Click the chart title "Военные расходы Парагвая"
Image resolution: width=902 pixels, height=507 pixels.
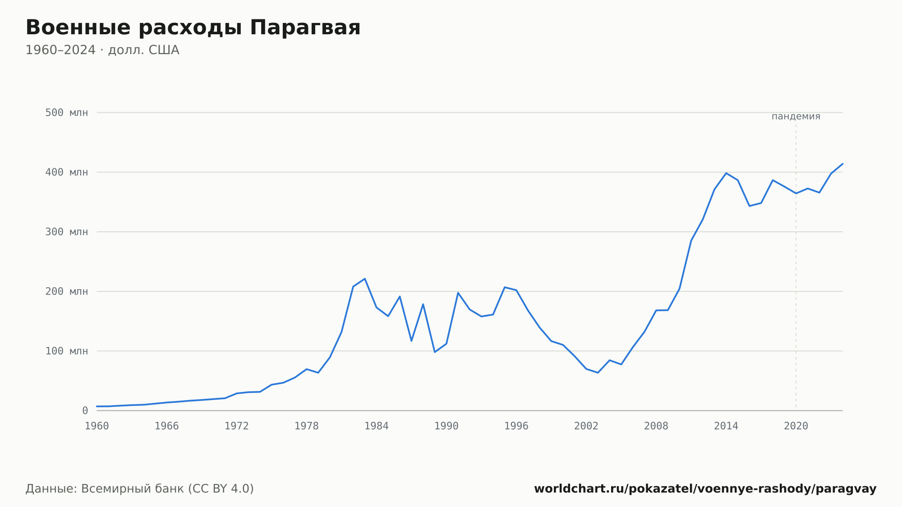pos(193,28)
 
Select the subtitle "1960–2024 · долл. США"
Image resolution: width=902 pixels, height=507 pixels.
pos(102,50)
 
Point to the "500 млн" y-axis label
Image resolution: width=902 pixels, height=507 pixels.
pos(66,113)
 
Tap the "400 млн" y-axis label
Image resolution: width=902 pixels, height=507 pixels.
pos(66,172)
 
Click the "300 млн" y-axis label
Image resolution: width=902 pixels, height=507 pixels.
pos(66,232)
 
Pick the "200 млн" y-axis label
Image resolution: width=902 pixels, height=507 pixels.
pos(66,291)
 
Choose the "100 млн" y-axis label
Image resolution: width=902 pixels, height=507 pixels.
pos(66,351)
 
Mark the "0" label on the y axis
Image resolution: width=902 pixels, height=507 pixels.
pos(85,410)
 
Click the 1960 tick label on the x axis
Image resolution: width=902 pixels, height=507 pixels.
pos(97,426)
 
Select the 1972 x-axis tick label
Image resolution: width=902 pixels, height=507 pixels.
pos(237,426)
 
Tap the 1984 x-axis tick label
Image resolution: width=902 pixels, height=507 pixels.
pos(377,426)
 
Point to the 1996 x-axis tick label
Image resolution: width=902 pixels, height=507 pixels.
pos(516,426)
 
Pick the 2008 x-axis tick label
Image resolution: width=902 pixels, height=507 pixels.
pos(656,426)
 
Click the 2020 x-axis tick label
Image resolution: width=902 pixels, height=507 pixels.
pos(796,426)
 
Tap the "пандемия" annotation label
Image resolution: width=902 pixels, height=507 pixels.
pos(796,116)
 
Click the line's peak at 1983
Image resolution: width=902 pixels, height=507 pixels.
pos(365,279)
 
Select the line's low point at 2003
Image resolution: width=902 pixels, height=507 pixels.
pos(598,373)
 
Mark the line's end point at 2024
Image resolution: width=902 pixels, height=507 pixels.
pos(842,164)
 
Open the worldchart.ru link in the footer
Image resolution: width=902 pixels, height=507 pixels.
pos(705,489)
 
